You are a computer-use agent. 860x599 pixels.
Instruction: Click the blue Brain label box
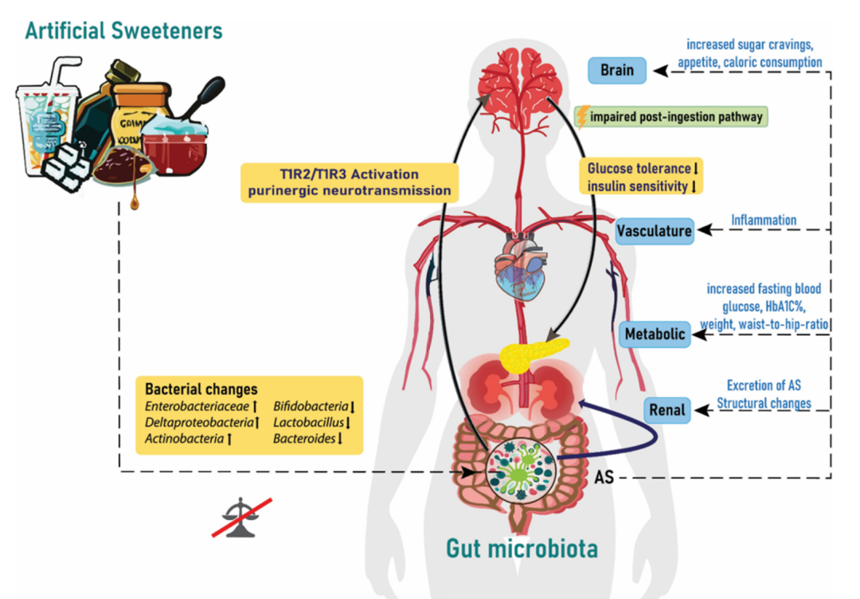point(616,70)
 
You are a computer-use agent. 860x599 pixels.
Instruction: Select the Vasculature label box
point(654,231)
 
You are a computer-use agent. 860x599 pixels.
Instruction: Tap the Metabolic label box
point(655,335)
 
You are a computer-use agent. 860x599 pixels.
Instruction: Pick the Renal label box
point(666,409)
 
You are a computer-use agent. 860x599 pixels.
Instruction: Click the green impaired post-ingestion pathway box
point(671,117)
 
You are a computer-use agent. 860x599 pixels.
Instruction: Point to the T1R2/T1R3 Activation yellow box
point(350,182)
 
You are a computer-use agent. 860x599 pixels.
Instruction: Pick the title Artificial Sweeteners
point(123,30)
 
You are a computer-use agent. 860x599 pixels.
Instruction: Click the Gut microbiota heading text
point(522,548)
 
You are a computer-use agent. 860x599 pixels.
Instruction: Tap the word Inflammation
point(763,219)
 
